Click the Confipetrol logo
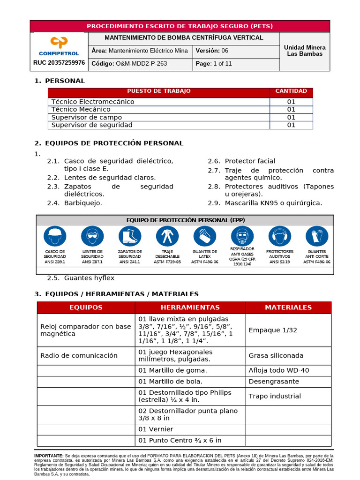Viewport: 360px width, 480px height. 59,46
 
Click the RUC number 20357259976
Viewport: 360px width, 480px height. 59,63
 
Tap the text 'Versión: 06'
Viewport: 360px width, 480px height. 212,51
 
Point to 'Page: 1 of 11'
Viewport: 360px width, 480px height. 214,64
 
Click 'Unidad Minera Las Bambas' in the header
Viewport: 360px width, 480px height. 305,51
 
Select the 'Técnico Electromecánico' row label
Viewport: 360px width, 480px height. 93,102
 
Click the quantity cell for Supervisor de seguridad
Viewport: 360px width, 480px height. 291,125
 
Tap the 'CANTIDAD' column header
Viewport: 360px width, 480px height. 291,91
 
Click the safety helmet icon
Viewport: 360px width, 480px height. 55,236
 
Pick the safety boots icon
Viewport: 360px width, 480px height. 130,236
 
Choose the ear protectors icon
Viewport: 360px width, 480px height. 280,236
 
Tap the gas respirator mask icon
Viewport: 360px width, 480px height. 242,236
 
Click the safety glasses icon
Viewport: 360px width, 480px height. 92,236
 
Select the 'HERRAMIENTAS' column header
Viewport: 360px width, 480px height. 190,307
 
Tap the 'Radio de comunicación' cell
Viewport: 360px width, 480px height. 79,355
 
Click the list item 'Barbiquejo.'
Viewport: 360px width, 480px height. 83,203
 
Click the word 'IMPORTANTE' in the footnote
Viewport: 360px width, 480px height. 49,456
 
